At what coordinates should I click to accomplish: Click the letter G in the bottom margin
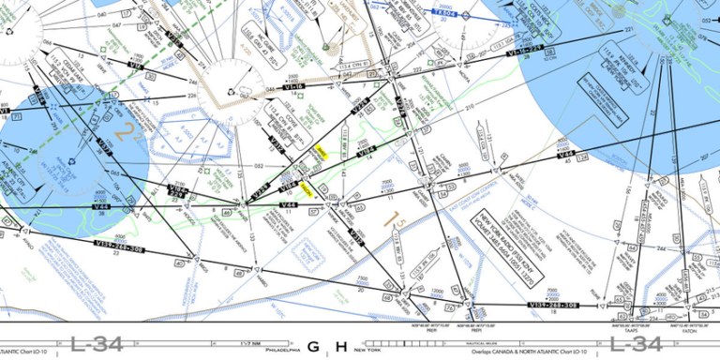313,347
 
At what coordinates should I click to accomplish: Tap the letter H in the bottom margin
341,347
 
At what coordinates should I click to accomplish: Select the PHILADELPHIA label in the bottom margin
282,347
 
